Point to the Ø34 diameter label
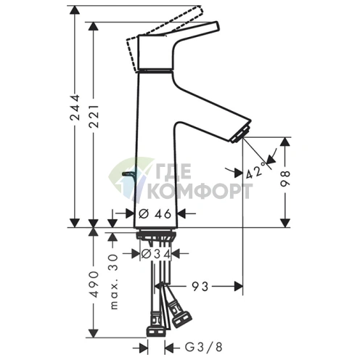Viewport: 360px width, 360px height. (x=155, y=254)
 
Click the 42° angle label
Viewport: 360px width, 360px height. (x=254, y=173)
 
